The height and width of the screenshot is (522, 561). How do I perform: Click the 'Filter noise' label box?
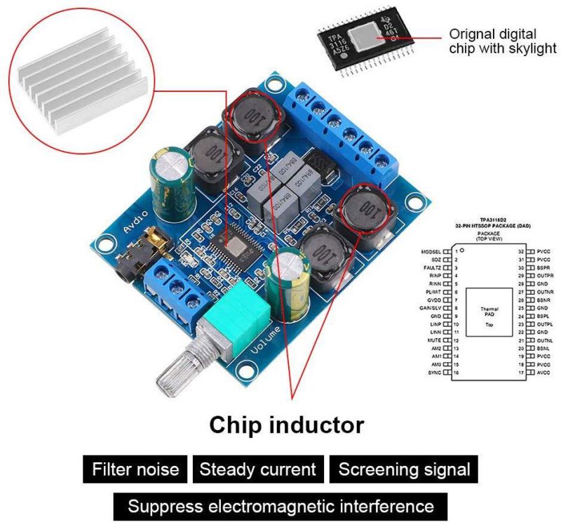pyautogui.click(x=135, y=469)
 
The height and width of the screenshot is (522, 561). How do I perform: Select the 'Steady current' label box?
pyautogui.click(x=257, y=469)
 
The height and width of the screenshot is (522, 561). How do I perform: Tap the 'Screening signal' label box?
pyautogui.click(x=404, y=469)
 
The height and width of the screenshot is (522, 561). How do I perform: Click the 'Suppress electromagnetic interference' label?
pyautogui.click(x=280, y=506)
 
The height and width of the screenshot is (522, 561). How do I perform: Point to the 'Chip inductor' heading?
pyautogui.click(x=288, y=424)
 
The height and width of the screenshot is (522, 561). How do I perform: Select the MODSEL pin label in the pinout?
pyautogui.click(x=431, y=250)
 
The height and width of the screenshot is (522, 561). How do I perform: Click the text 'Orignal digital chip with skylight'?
pyautogui.click(x=502, y=41)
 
